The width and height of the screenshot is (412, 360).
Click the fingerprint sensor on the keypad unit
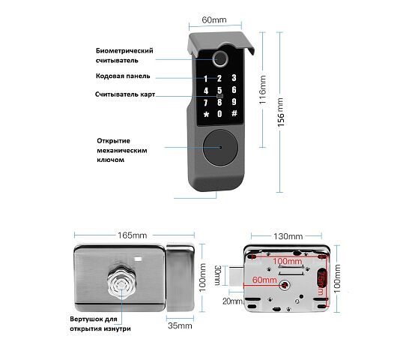coord(219,58)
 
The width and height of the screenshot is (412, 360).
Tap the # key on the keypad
coord(234,113)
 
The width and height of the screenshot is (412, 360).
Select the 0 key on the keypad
coord(219,114)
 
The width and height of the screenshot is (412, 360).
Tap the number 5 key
coord(219,90)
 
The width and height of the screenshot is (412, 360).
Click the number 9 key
coord(234,102)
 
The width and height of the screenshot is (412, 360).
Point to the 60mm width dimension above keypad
coord(214,20)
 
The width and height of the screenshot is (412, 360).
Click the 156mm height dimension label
coord(281,112)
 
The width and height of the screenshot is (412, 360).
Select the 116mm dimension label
coord(263,90)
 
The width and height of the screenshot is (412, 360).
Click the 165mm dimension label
coord(132,235)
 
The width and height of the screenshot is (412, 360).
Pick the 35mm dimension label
coord(180,325)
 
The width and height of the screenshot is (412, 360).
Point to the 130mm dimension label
coord(288,236)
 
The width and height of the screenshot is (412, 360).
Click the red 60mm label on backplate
coord(264,280)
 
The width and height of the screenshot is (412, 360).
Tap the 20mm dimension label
coord(232,301)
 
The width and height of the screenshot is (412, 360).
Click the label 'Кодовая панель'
coord(123,76)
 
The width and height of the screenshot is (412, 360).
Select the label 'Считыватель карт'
coord(125,94)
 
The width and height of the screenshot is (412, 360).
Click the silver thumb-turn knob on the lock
coord(121,283)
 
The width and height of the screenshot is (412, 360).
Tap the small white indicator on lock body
coord(139,259)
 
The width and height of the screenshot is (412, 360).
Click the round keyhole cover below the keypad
coord(220,147)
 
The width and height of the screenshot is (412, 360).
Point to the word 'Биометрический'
coord(124,50)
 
